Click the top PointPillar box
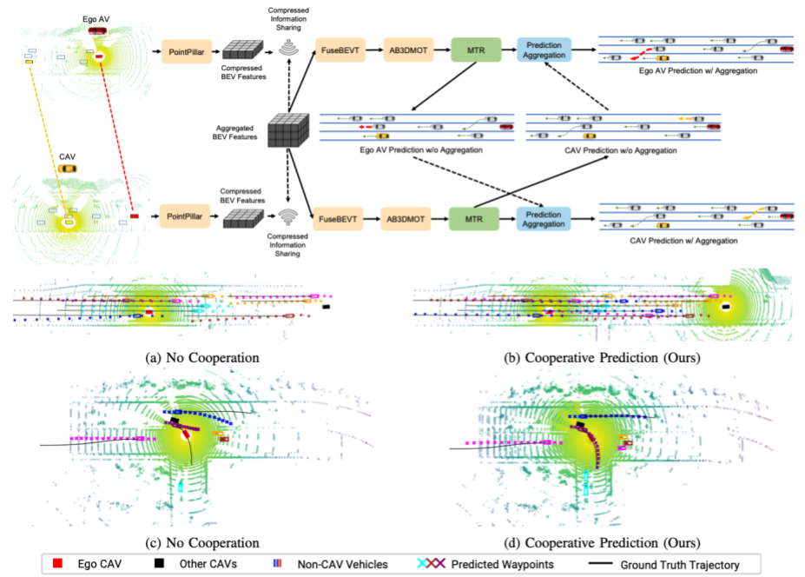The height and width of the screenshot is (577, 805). pos(187,53)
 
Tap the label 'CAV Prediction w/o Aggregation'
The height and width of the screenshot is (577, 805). pos(609,149)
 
